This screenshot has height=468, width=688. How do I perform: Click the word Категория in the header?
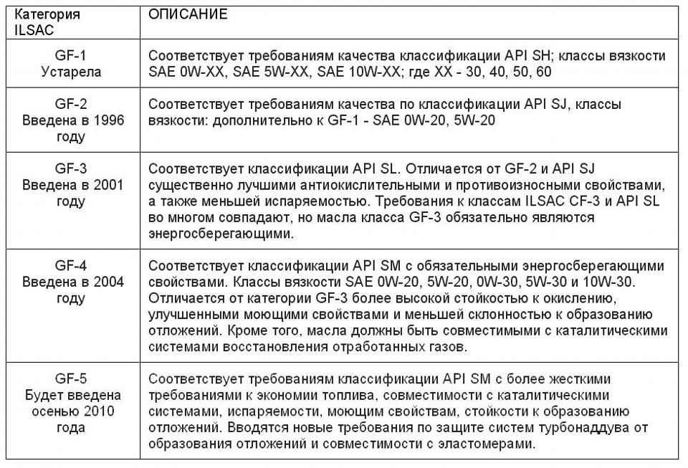click(46, 14)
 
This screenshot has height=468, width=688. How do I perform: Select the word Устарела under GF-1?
click(71, 72)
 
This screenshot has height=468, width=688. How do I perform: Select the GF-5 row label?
click(71, 380)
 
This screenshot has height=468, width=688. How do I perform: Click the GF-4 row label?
click(71, 266)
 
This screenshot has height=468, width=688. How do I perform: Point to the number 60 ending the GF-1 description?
click(543, 72)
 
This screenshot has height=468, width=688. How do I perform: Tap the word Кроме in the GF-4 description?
click(244, 330)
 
